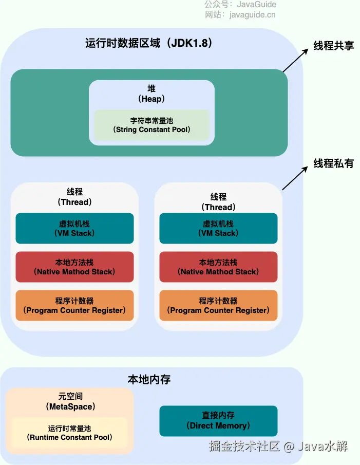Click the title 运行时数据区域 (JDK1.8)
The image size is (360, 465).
click(149, 43)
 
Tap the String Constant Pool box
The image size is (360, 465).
click(151, 125)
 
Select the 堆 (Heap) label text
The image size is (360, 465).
click(151, 94)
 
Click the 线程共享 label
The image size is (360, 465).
click(334, 45)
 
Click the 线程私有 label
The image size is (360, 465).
click(334, 163)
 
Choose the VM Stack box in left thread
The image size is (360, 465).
click(74, 228)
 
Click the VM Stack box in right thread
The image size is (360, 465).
click(218, 228)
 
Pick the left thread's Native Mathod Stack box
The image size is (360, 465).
click(74, 267)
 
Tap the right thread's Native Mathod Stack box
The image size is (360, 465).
click(218, 267)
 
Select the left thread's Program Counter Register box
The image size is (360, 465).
click(74, 305)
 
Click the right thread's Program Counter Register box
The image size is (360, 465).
click(218, 305)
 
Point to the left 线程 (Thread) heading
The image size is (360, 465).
click(74, 197)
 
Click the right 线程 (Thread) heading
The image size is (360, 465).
click(218, 202)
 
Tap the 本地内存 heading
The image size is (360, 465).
click(149, 380)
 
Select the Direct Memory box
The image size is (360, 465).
click(218, 421)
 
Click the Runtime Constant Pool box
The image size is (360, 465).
click(69, 433)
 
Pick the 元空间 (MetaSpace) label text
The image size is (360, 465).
click(70, 401)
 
